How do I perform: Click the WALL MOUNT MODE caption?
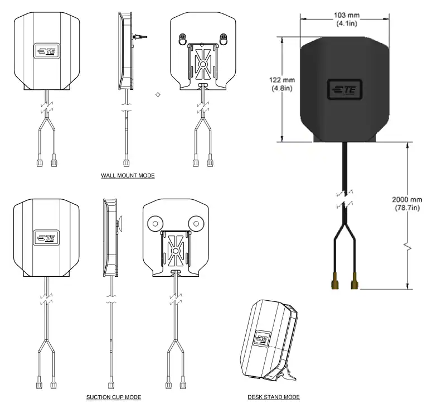point(128,175)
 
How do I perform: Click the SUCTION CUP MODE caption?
point(113,397)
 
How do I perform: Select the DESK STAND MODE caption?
point(274,397)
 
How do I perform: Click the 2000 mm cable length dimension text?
point(407,204)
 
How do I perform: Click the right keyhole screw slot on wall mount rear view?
point(223,40)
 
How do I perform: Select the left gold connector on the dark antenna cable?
point(334,284)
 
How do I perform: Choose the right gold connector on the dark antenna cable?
point(354,284)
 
